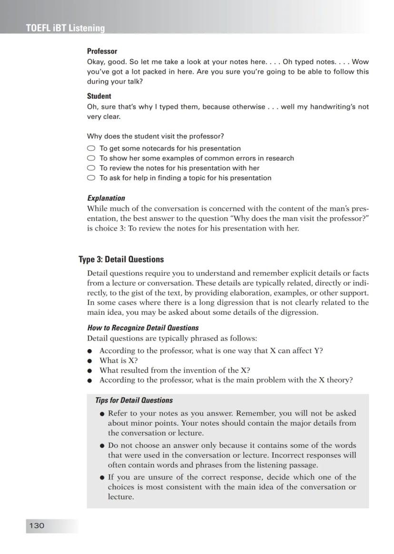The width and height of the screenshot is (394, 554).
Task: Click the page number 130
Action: (37, 525)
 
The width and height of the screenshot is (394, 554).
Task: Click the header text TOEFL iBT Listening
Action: (66, 28)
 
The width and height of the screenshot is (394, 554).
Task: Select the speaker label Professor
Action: (102, 51)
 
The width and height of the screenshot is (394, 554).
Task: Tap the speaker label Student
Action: (99, 96)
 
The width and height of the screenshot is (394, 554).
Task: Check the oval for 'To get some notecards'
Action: (91, 148)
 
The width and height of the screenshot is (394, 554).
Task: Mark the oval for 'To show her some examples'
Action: (91, 158)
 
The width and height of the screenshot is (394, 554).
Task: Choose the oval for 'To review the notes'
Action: (91, 168)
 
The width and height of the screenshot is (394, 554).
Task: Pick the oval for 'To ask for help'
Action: (91, 178)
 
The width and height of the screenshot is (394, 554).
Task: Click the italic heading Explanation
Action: (106, 198)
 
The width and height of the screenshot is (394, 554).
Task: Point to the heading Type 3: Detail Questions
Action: (121, 260)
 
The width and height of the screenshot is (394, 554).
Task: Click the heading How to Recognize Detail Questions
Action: (143, 328)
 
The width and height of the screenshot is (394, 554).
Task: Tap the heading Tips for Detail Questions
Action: (134, 400)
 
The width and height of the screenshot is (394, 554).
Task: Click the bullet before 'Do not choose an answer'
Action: (102, 446)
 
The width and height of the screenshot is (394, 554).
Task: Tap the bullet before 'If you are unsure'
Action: (102, 477)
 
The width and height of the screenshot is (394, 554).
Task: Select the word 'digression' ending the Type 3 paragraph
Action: (297, 312)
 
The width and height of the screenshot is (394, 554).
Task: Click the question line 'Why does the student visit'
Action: (156, 136)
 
